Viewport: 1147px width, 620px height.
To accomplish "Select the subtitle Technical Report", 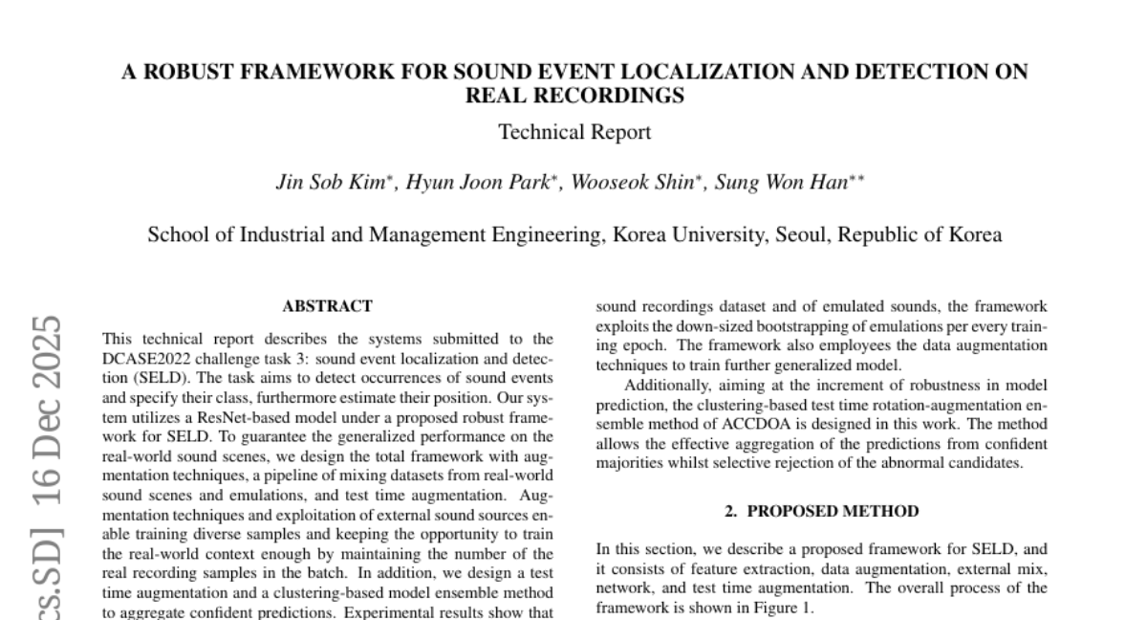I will [574, 132].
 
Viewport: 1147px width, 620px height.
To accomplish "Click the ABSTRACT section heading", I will [327, 306].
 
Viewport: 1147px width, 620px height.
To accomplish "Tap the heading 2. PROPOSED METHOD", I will [822, 511].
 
